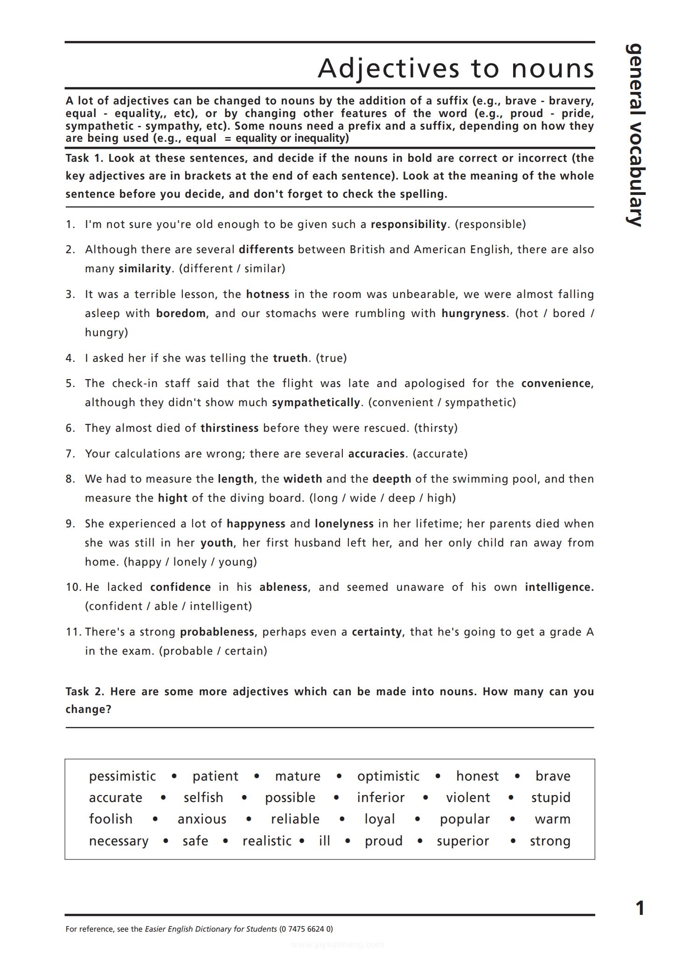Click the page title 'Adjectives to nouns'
pos(456,68)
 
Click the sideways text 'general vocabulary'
pos(635,135)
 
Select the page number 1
pos(640,908)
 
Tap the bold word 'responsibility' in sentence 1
pos(409,224)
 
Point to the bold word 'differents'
pos(266,249)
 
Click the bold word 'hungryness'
pos(473,313)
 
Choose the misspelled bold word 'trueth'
pos(290,358)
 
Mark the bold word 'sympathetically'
pos(316,402)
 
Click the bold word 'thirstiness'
pos(230,428)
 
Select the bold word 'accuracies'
pos(376,454)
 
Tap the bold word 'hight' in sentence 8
pos(173,498)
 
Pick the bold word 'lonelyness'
pos(344,524)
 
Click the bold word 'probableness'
pos(217,632)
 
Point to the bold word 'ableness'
pos(283,587)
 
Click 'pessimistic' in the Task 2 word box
pos(122,776)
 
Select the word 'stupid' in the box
pos(550,797)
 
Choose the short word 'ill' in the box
pos(324,841)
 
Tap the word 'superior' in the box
pos(463,841)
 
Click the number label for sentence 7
pos(70,454)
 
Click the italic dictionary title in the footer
pos(211,928)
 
